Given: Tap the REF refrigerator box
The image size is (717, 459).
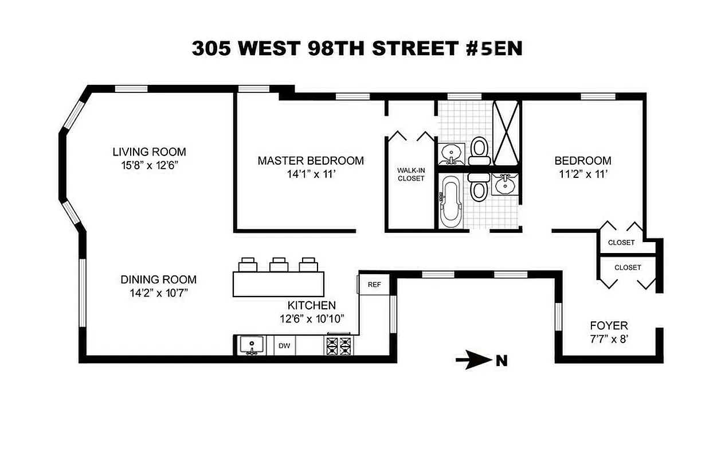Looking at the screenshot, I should tap(374, 285).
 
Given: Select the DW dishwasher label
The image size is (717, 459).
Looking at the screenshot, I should tap(284, 346).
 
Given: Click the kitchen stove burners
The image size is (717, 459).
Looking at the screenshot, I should tap(339, 346).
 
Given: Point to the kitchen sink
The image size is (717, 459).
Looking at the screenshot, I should tap(251, 345).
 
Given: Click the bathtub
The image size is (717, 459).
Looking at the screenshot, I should tap(450, 201).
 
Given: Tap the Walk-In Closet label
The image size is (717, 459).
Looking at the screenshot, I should tap(411, 174).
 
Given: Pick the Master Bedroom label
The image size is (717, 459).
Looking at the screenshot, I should tap(310, 161).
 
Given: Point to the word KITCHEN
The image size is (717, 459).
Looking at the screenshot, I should tap(312, 305).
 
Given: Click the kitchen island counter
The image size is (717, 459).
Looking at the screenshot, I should tap(279, 284).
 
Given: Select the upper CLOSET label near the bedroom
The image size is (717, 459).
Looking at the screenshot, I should tap(621, 242).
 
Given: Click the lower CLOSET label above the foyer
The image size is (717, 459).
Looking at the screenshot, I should tap(628, 267).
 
